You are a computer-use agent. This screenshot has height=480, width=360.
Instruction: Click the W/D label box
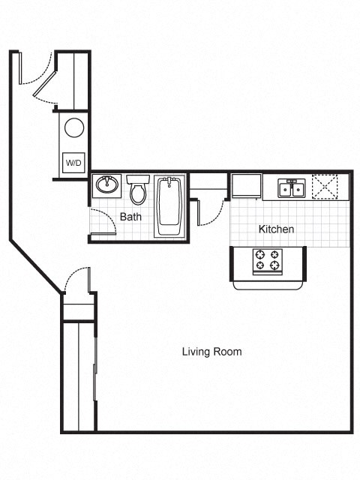pyautogui.click(x=73, y=163)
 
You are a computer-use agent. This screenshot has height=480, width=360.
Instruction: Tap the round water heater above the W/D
pyautogui.click(x=73, y=127)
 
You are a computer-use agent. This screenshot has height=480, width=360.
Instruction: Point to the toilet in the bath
pyautogui.click(x=137, y=192)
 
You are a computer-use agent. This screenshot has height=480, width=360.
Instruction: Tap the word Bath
pyautogui.click(x=130, y=217)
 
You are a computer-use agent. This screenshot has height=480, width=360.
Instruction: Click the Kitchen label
pyautogui.click(x=276, y=229)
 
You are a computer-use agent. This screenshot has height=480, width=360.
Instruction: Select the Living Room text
pyautogui.click(x=211, y=351)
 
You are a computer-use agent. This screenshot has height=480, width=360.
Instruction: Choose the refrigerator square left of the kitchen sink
pyautogui.click(x=246, y=185)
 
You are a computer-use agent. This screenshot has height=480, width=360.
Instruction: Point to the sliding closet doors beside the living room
pyautogui.click(x=94, y=375)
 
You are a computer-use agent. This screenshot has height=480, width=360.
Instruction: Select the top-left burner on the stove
pyautogui.click(x=259, y=253)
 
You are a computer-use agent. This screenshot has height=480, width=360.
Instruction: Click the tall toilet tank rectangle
pyautogui.click(x=137, y=179)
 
